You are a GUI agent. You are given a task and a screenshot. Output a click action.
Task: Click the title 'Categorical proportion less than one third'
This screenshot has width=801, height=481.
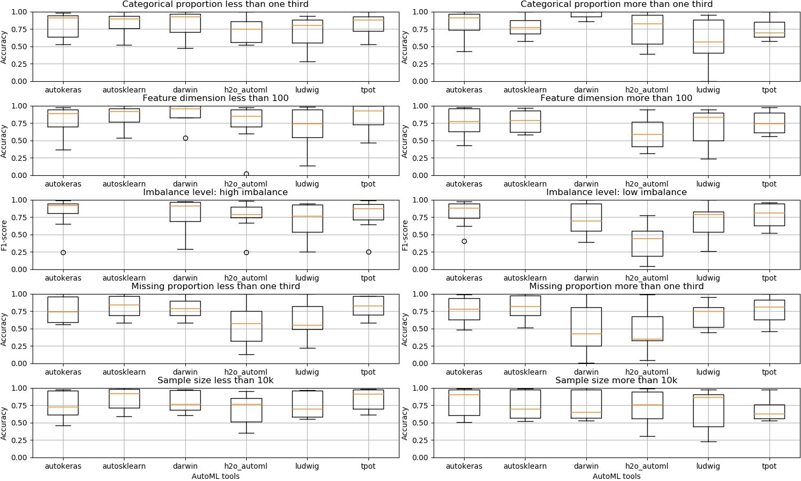click(215, 4)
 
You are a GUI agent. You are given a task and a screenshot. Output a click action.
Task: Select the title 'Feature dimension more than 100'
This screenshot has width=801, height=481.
click(616, 98)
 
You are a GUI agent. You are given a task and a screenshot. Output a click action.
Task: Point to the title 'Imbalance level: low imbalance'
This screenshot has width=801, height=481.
click(616, 192)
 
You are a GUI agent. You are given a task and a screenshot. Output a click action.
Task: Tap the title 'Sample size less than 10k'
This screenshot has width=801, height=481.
click(215, 381)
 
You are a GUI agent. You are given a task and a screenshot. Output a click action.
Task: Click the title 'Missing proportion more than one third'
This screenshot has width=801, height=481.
click(616, 286)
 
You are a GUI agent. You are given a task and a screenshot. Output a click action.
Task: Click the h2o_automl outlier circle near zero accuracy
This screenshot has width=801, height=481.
click(246, 174)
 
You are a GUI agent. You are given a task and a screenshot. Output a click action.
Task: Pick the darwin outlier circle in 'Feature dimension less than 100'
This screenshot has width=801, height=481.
click(185, 138)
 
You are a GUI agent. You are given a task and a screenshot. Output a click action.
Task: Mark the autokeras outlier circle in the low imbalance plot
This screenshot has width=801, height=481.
click(464, 242)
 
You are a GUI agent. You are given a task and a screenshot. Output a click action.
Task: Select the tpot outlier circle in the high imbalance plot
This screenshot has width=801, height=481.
click(368, 252)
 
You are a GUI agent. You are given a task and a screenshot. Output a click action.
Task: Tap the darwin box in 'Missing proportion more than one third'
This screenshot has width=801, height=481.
click(586, 327)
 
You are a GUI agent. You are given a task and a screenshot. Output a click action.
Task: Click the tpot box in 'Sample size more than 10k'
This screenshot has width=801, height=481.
click(769, 412)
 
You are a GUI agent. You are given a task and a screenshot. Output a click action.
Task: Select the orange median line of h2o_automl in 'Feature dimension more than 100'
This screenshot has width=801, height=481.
click(647, 135)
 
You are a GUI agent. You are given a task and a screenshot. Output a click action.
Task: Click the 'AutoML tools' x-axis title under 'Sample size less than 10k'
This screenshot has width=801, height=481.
click(215, 476)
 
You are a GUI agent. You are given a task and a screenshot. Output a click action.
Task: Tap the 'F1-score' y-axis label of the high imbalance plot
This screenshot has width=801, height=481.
click(4, 235)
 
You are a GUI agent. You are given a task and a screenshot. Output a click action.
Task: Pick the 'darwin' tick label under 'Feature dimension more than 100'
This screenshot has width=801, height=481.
click(586, 184)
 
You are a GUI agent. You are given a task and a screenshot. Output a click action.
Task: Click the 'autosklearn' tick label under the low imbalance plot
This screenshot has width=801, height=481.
click(525, 278)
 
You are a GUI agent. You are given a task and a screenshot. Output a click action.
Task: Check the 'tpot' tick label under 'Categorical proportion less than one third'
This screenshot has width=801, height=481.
click(368, 90)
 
